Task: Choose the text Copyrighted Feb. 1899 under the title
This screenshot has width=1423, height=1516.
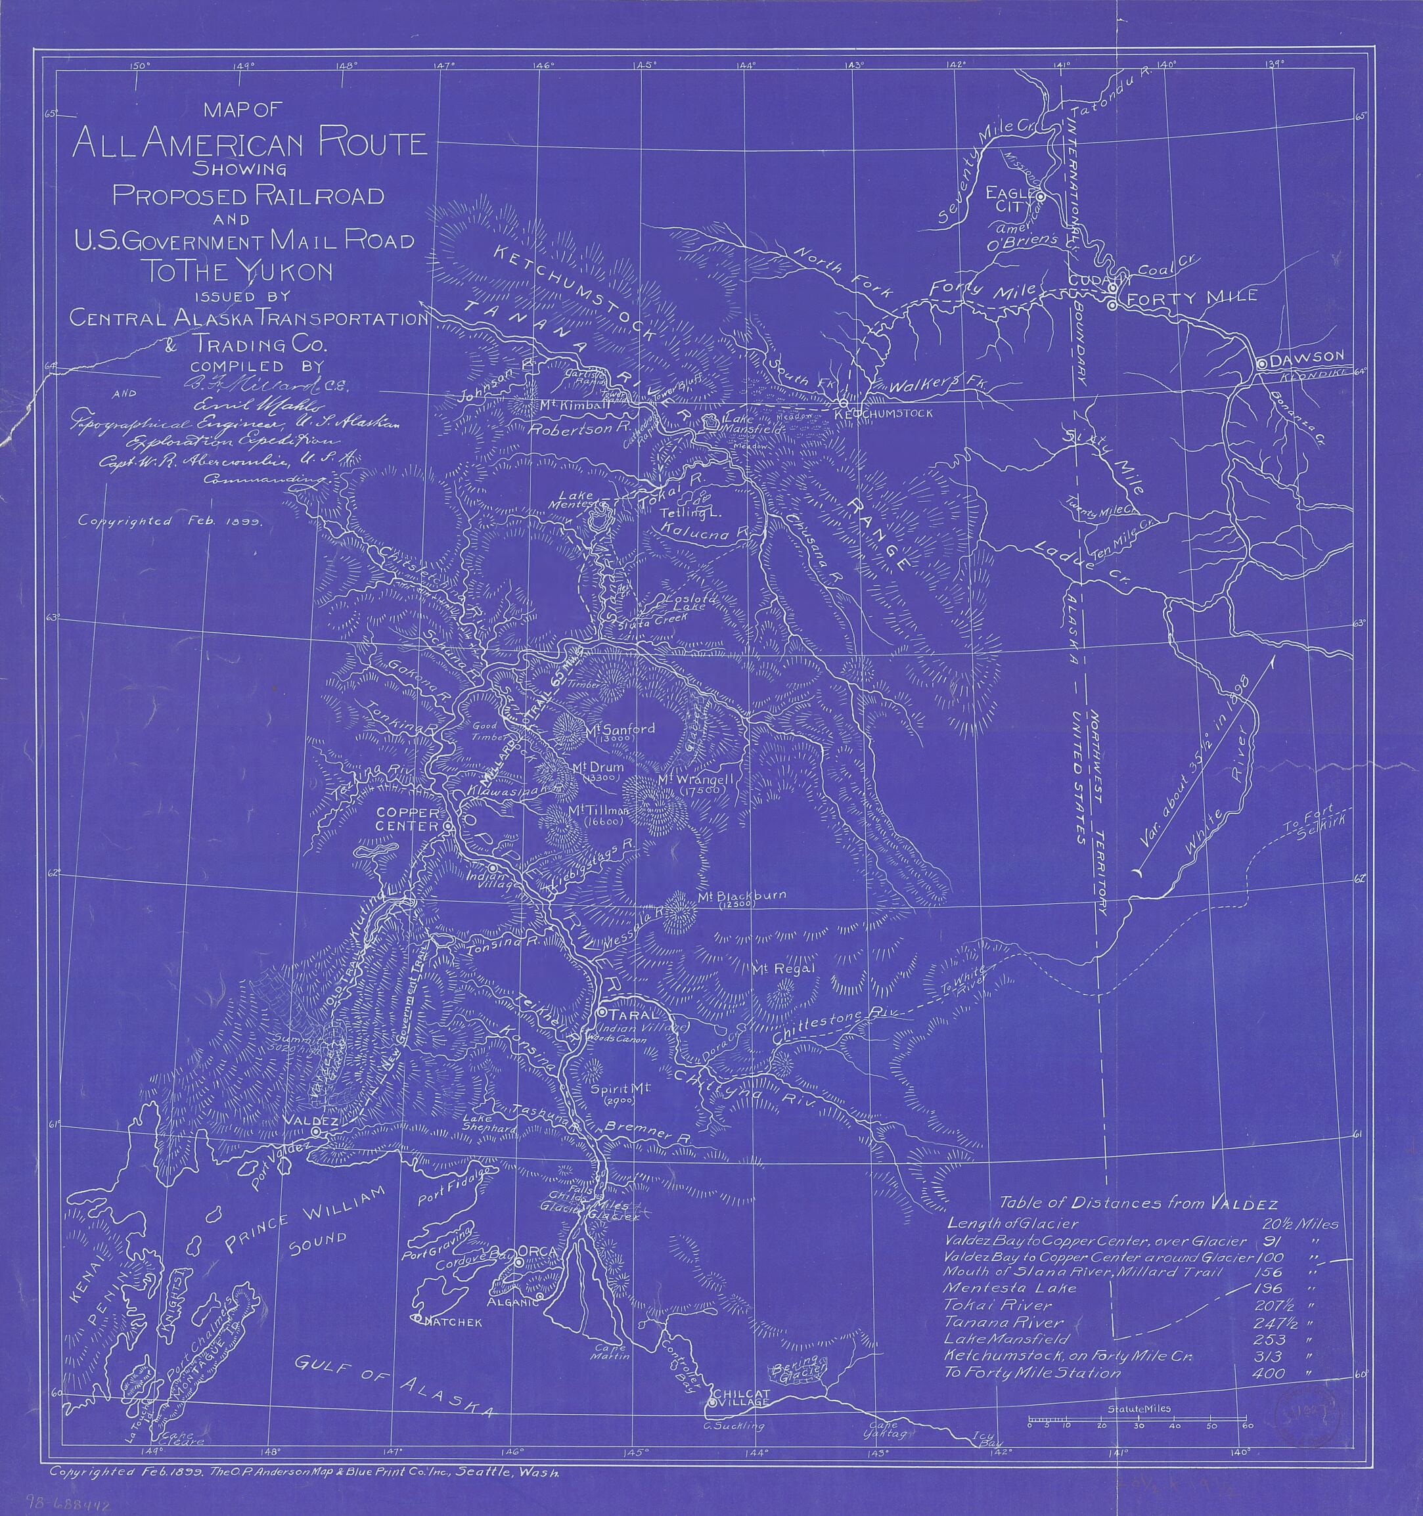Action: coord(169,522)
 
